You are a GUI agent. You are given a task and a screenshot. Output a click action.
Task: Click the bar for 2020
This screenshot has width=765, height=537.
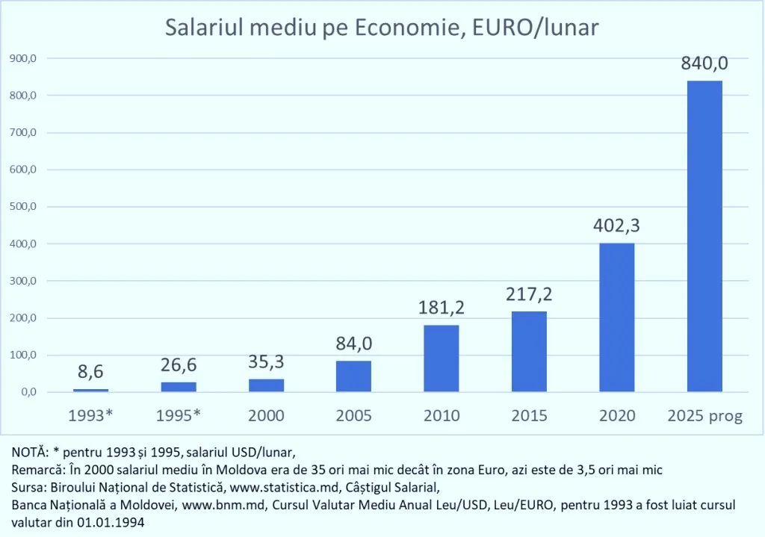click(616, 317)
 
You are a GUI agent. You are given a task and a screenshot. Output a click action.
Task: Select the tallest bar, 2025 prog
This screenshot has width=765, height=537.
click(704, 236)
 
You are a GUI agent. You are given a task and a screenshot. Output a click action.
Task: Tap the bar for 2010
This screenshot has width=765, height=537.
click(442, 358)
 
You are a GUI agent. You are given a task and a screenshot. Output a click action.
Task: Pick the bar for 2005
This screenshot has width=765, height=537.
click(353, 376)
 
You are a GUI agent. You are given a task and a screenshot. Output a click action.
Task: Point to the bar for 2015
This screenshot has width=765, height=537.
click(529, 352)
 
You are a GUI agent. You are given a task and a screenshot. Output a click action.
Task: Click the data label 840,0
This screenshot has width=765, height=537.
click(704, 63)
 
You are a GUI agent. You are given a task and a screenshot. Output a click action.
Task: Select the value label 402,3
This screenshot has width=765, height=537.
click(616, 226)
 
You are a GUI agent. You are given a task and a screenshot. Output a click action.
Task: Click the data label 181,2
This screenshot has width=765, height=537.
click(442, 308)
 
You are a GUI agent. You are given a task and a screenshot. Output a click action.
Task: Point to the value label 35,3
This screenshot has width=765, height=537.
click(266, 362)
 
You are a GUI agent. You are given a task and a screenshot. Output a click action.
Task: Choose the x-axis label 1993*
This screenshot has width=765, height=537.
click(90, 416)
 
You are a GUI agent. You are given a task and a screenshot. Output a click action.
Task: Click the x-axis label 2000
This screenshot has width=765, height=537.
click(266, 416)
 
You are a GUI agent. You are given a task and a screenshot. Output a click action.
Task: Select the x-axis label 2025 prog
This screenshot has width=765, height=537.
click(704, 416)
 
